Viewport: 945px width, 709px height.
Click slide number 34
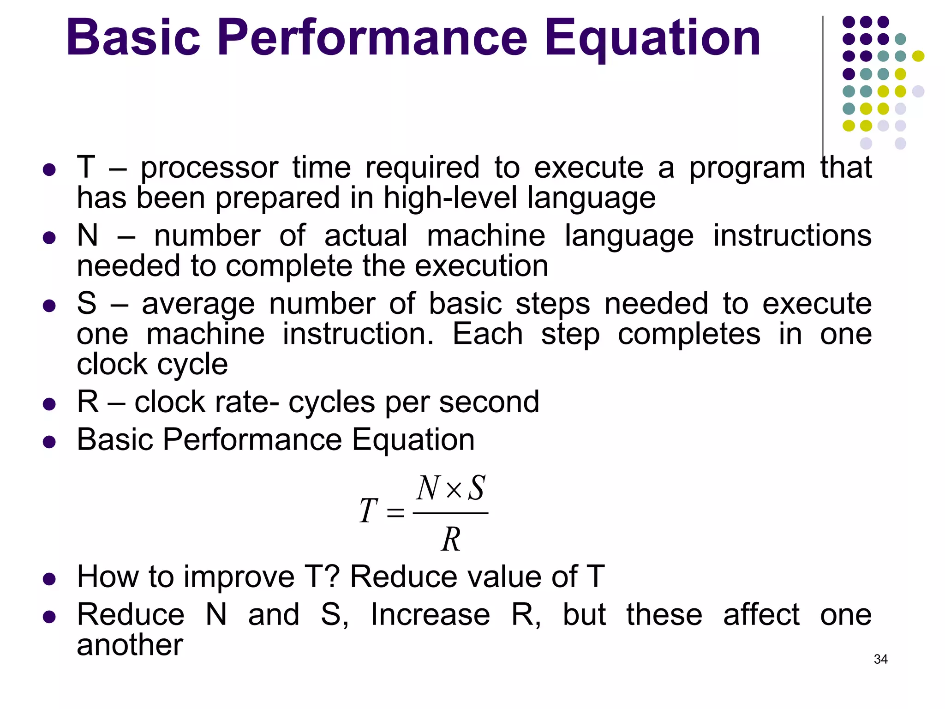(880, 659)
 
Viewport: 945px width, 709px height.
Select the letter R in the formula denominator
(451, 539)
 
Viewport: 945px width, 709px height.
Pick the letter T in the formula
(369, 511)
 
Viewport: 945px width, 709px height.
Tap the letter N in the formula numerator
(428, 488)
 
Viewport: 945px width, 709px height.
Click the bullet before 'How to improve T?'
(49, 579)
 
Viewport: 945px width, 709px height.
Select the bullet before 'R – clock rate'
(49, 404)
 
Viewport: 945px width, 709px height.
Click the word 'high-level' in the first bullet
(450, 198)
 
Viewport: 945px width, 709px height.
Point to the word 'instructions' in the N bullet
(792, 235)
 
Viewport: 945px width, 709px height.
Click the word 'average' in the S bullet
(198, 305)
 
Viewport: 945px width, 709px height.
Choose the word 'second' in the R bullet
(489, 402)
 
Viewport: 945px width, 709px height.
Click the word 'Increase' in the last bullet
(430, 615)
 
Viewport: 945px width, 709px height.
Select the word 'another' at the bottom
(130, 645)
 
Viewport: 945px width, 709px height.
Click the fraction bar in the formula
(451, 513)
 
